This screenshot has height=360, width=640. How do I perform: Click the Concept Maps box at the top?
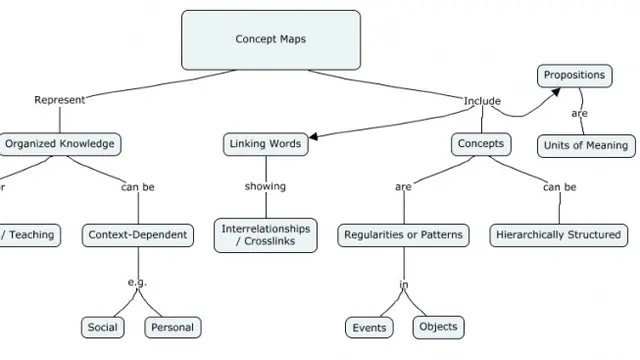click(270, 40)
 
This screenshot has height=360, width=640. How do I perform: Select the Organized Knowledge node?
click(59, 143)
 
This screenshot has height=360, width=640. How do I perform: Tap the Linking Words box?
click(264, 144)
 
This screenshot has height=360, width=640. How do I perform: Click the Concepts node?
click(480, 144)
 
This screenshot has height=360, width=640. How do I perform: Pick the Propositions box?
click(573, 75)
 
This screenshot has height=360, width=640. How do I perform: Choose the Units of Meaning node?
click(585, 146)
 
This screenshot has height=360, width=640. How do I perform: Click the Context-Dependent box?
click(137, 235)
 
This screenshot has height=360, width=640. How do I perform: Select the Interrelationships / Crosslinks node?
click(265, 235)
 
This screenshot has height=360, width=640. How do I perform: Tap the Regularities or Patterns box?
click(403, 235)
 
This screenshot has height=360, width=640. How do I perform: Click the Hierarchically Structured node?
click(558, 235)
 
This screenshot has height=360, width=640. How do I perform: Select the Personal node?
click(172, 327)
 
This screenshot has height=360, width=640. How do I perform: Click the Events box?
click(370, 328)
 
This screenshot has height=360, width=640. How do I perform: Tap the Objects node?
click(438, 327)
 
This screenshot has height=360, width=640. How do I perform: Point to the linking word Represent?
click(59, 99)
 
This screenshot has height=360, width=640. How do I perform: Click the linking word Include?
click(482, 101)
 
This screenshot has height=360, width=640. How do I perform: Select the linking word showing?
click(265, 186)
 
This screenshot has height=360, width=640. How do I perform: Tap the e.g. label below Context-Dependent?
click(137, 282)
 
